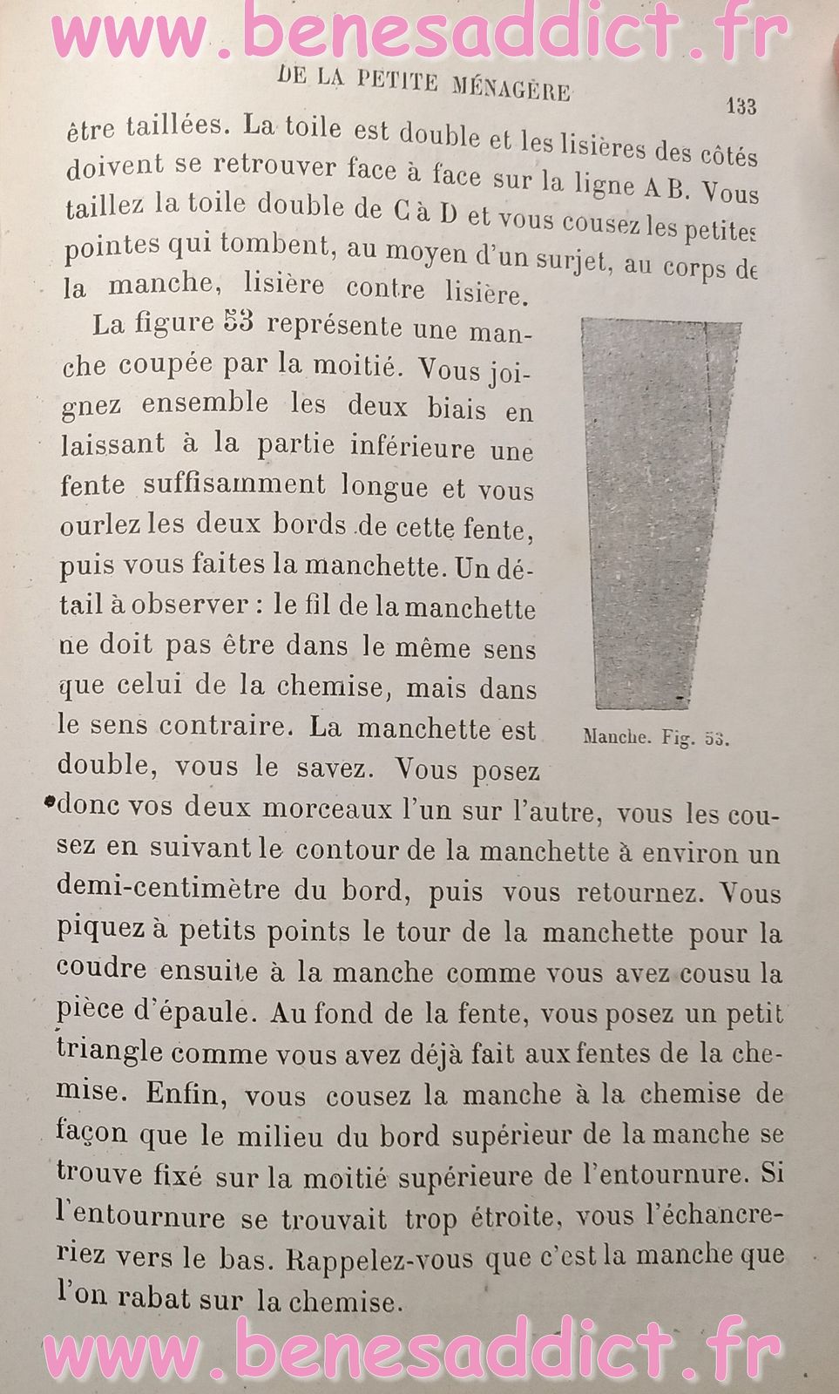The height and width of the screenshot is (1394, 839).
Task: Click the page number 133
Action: click(741, 106)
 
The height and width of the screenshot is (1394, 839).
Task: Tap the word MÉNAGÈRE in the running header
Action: click(512, 87)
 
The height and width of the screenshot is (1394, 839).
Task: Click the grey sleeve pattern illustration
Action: click(660, 514)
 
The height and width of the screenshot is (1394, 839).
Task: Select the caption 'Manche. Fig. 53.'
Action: click(655, 738)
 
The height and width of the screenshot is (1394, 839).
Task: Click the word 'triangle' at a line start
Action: click(110, 1051)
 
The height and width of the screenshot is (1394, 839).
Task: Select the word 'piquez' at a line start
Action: click(100, 930)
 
